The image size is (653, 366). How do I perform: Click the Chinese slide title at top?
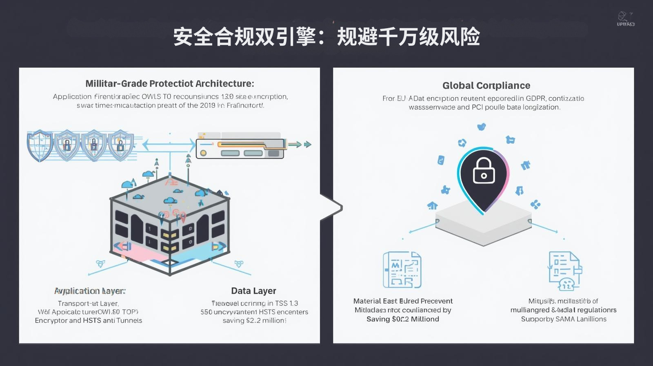pyautogui.click(x=326, y=37)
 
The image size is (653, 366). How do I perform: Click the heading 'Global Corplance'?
pyautogui.click(x=486, y=85)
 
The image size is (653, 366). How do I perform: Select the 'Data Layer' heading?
pyautogui.click(x=253, y=291)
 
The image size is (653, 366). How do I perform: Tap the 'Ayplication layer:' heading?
pyautogui.click(x=90, y=291)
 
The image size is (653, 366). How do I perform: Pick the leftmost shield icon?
pyautogui.click(x=40, y=145)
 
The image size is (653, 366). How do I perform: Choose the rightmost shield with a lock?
pyautogui.click(x=120, y=145)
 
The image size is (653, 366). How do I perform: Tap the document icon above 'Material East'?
pyautogui.click(x=402, y=270)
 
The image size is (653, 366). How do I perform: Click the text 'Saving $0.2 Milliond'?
pyautogui.click(x=402, y=319)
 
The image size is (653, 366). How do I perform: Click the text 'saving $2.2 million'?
pyautogui.click(x=254, y=321)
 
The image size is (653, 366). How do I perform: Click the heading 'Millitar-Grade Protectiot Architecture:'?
pyautogui.click(x=170, y=84)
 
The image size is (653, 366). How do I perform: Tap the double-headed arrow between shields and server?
pyautogui.click(x=169, y=144)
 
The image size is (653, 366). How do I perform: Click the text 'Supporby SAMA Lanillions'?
pyautogui.click(x=564, y=319)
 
